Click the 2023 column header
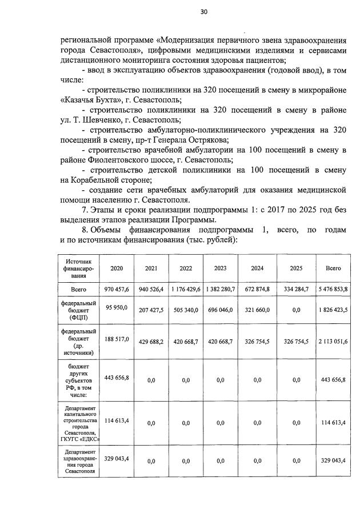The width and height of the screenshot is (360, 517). (x=220, y=268)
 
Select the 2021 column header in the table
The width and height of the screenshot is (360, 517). (x=151, y=268)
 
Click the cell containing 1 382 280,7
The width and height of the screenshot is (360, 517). (x=220, y=290)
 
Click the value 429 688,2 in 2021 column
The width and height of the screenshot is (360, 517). (x=151, y=341)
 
